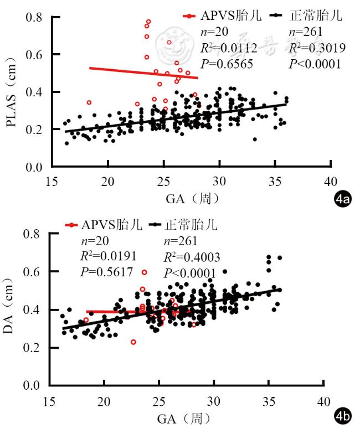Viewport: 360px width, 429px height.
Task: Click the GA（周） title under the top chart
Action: click(190, 198)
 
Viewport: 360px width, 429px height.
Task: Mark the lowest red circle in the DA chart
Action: click(133, 342)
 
